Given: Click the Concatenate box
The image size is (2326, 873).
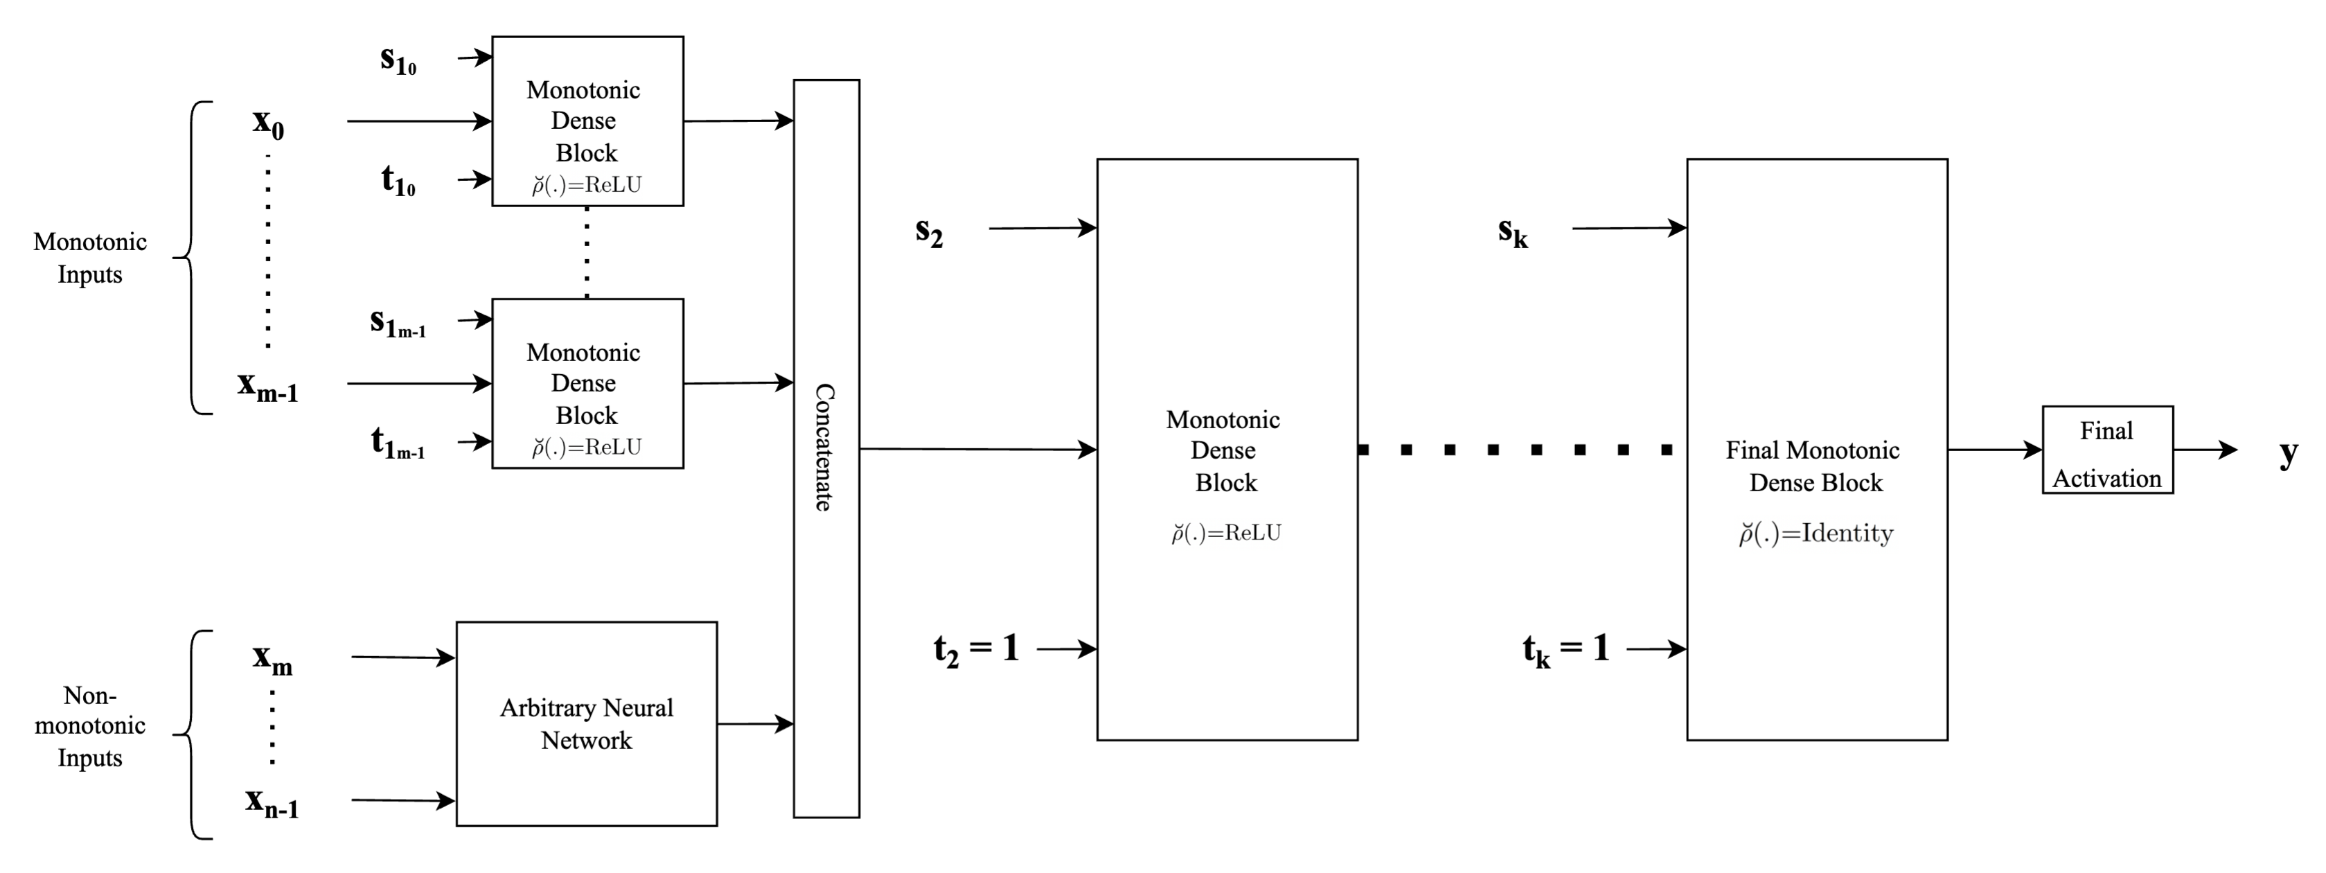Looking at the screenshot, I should (826, 449).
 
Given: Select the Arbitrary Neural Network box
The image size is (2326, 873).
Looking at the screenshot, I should (586, 723).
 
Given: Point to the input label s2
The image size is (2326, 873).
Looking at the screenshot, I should (929, 231).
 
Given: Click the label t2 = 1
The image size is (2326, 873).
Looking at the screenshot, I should (976, 649).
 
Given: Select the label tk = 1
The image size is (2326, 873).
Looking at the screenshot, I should (1565, 649).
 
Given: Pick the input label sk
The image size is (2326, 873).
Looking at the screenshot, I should (1512, 231).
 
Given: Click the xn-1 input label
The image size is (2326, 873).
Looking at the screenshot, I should (272, 802).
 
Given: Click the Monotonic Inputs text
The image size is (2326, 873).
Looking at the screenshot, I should (89, 258).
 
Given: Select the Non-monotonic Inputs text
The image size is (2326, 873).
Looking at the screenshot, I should (89, 726).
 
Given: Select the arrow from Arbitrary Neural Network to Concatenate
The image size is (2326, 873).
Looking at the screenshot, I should (755, 723).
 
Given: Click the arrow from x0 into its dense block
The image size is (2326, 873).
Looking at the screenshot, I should (418, 121).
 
